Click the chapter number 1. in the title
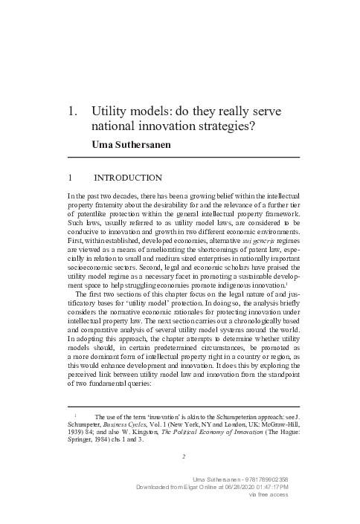[x=72, y=110]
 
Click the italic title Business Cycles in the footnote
[x=131, y=428]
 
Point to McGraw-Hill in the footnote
[x=279, y=428]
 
